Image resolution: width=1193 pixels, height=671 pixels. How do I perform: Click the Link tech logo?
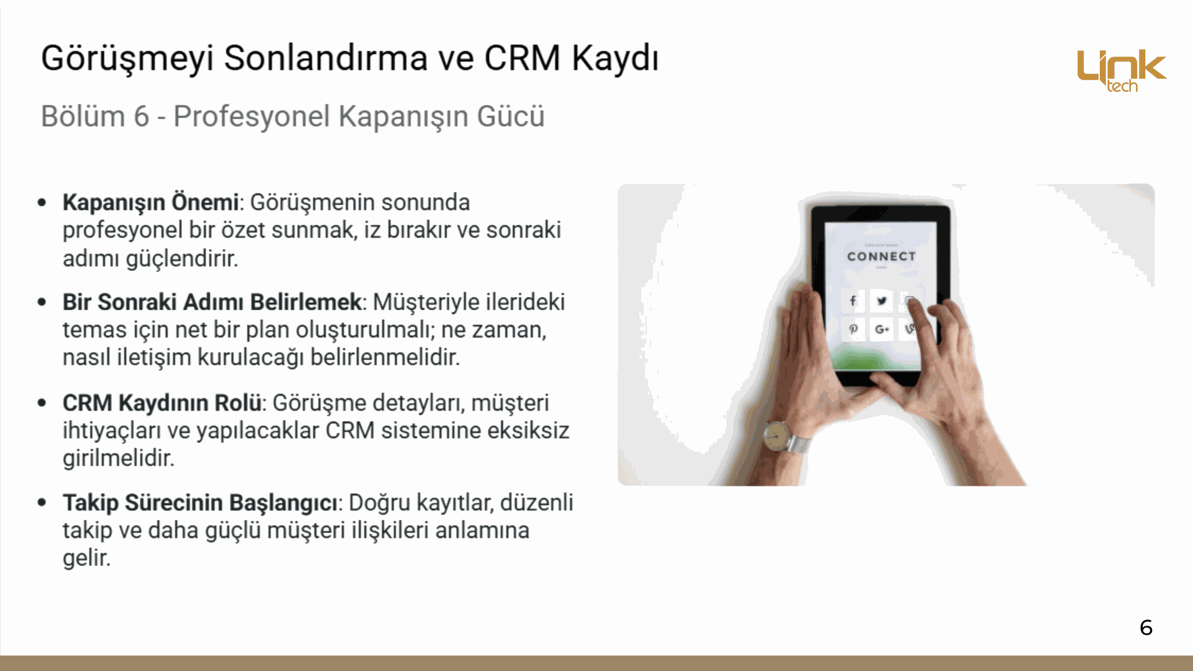tap(1122, 71)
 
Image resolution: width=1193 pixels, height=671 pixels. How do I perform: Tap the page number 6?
tap(1146, 628)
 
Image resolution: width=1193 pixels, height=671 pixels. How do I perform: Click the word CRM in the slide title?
tap(523, 58)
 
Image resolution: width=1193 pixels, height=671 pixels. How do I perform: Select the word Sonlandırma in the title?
tap(326, 58)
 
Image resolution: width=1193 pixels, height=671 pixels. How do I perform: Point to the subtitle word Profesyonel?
tap(252, 116)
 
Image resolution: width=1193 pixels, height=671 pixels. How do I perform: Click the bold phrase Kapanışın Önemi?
tap(150, 203)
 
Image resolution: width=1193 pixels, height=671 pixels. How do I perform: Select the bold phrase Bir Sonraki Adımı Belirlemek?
tap(212, 302)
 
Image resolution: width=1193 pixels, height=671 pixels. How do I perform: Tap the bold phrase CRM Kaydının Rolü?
tap(162, 403)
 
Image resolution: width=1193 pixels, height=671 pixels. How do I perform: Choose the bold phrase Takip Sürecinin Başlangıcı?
tap(201, 503)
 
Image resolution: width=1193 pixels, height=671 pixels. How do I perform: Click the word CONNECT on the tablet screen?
tap(881, 256)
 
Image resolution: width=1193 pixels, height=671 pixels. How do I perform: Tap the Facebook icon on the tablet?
tap(853, 301)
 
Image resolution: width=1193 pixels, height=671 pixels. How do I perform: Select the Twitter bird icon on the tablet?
tap(882, 301)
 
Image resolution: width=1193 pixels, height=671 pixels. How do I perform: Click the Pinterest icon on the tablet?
tap(853, 329)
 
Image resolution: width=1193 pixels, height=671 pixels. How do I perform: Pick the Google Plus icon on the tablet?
tap(882, 329)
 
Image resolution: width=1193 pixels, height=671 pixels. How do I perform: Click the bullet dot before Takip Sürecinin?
tap(42, 502)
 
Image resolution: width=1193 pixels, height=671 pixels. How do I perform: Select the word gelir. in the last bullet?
tap(86, 559)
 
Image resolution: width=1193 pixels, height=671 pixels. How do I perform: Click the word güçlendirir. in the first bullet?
tap(182, 258)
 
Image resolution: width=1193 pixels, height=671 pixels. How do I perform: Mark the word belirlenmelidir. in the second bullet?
tap(385, 357)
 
